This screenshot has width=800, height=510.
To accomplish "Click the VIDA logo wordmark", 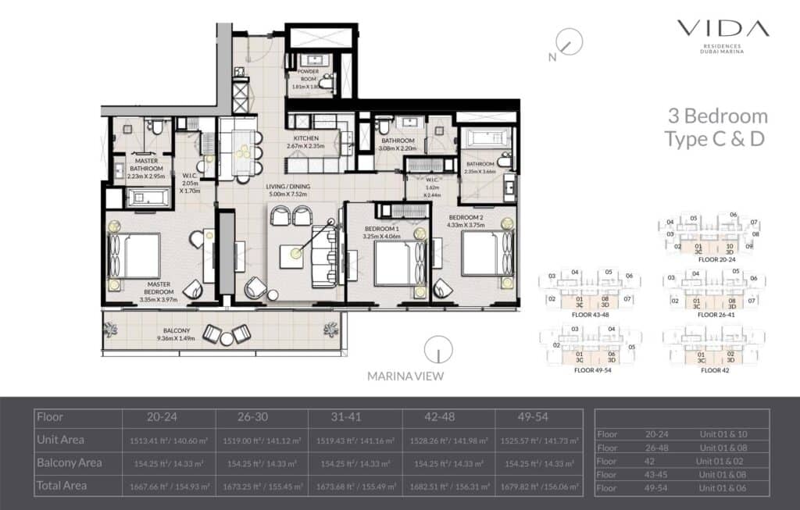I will [723, 29].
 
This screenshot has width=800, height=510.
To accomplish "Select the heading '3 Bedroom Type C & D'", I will [716, 127].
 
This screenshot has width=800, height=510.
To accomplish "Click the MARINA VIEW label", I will [405, 376].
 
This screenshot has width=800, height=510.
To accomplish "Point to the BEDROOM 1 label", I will [382, 230].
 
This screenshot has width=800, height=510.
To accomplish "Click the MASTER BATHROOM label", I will [147, 165].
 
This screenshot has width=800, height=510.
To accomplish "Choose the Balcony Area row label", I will [70, 462].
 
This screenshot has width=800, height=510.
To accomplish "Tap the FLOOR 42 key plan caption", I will [709, 370].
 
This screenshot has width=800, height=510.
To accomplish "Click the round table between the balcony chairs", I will [227, 338].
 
